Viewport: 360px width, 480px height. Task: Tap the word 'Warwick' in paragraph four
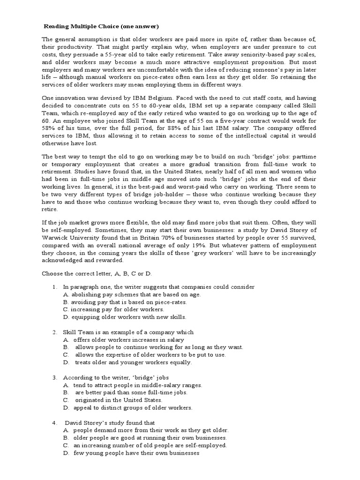54,237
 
